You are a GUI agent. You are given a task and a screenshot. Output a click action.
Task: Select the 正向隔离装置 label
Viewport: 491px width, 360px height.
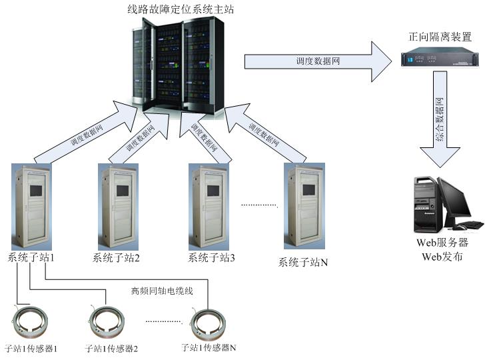pyautogui.click(x=440, y=37)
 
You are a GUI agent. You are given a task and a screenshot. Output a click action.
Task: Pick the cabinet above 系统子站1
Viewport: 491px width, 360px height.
pyautogui.click(x=31, y=205)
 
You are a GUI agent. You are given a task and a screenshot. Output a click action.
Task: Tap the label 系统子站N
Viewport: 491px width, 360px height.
pyautogui.click(x=302, y=263)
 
